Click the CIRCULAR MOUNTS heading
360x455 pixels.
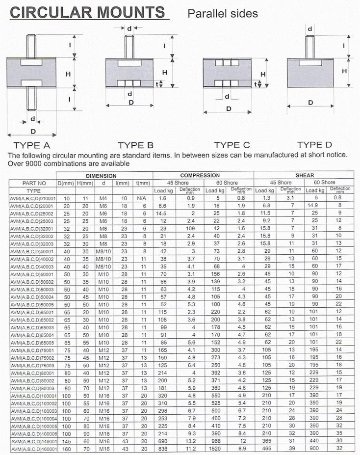[87, 12]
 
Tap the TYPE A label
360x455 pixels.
[32, 145]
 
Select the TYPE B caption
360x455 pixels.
[135, 145]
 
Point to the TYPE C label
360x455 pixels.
[232, 145]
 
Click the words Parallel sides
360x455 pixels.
[223, 14]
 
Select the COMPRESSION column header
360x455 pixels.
[204, 175]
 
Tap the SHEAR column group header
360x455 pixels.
[304, 175]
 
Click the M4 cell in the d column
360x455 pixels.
[103, 198]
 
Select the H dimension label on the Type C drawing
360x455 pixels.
[264, 74]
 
